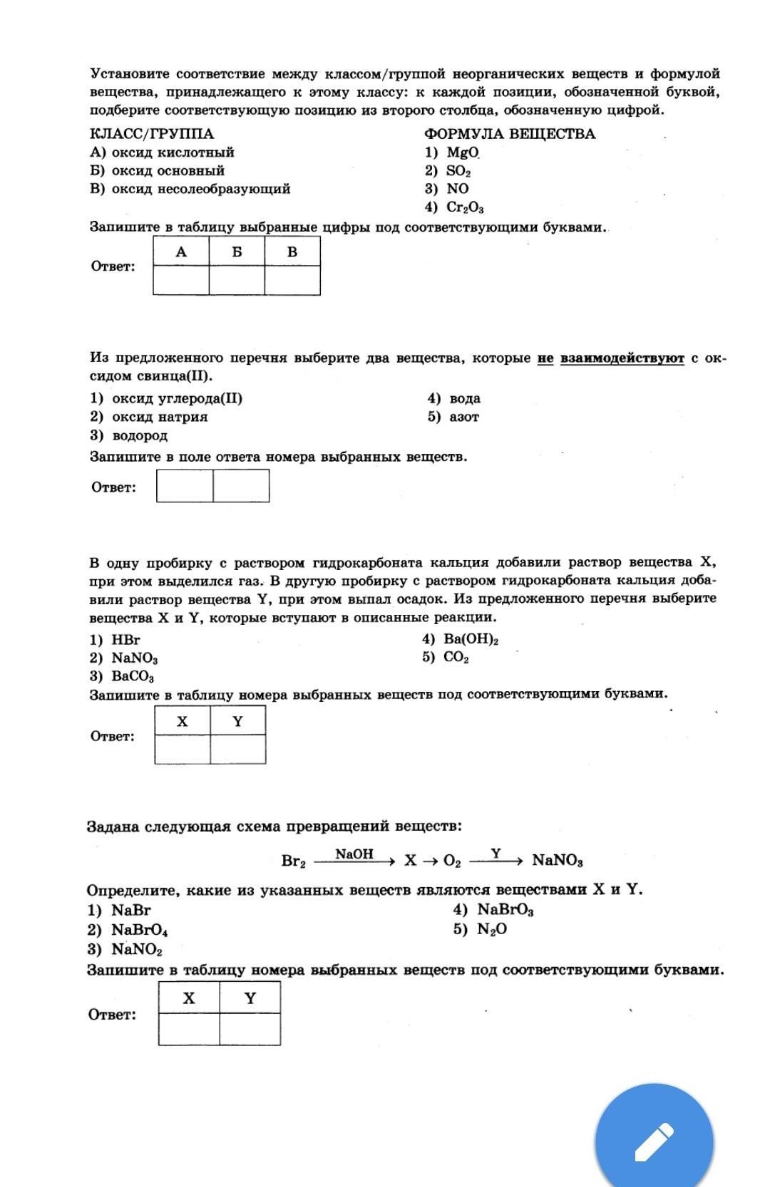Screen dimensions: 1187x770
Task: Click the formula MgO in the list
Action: coord(463,152)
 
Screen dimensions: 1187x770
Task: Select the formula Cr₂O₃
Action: coord(465,207)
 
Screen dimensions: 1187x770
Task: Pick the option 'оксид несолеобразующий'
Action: coord(200,189)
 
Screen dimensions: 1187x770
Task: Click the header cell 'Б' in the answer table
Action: coord(237,252)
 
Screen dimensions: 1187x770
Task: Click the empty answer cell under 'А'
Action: coord(181,280)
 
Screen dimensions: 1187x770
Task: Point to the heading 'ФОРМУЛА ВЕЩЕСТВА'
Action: coord(510,134)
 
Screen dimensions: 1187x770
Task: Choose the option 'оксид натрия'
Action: coord(160,417)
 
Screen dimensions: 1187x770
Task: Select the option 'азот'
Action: coord(464,417)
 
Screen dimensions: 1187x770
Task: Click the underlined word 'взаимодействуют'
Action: coord(622,358)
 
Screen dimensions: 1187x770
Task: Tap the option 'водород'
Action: coord(140,435)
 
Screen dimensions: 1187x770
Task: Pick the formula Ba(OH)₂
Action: coord(471,639)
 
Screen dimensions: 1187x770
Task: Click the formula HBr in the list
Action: coord(126,640)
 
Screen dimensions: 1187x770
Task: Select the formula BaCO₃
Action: coord(133,677)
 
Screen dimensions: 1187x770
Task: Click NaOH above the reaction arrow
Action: coord(354,854)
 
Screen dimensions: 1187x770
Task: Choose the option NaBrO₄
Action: coord(140,930)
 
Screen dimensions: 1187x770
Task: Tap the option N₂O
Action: coord(492,929)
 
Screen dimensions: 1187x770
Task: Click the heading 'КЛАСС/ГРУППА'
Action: coord(152,134)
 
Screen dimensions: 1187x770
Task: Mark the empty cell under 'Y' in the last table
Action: coord(250,1029)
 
